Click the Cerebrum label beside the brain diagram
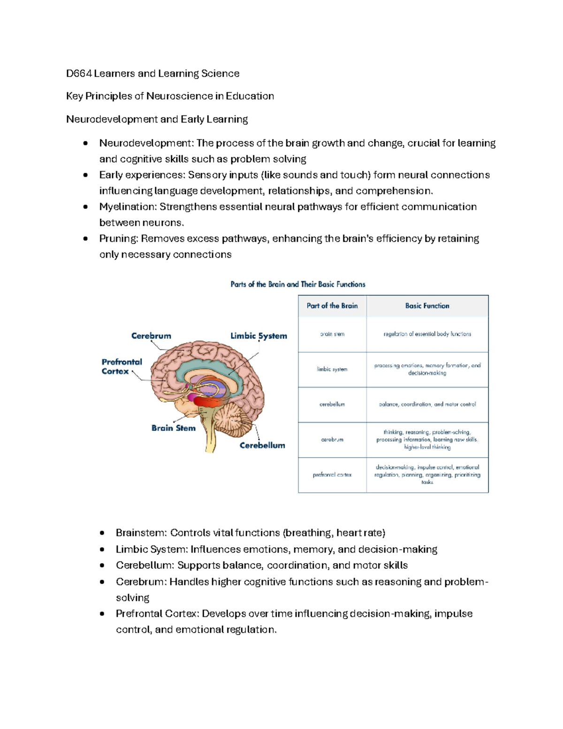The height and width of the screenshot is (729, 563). pos(151,336)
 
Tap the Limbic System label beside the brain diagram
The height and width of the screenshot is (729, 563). pos(259,336)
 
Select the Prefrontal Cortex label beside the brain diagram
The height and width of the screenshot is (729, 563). pos(122,367)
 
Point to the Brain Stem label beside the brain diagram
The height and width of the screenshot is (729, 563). pos(173,428)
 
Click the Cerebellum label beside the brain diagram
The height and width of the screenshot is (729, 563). pos(262,445)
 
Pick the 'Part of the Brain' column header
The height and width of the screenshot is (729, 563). pos(332,306)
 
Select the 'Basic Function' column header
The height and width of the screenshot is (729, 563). pos(427,306)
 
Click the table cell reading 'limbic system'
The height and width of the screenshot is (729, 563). pos(332,369)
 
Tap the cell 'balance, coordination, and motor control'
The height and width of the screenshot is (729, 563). pos(427,404)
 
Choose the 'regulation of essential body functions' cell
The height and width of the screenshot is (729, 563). pos(427,334)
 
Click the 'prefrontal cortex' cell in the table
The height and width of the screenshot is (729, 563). pos(332,475)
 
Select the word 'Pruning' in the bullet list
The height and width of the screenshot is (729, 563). pos(118,239)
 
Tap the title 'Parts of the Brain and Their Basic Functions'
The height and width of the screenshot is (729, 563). pos(298,284)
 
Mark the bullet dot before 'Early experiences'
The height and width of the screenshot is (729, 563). pos(85,175)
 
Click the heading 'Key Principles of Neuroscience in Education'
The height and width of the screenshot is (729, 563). pos(170,96)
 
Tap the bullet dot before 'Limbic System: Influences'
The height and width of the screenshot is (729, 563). pos(102,550)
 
